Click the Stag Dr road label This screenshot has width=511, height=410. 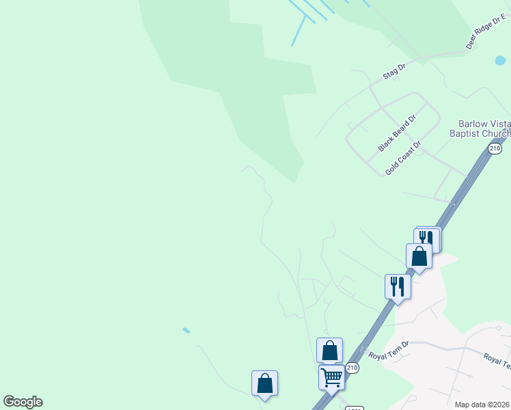point(394,70)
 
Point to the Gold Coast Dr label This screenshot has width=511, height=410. point(403,159)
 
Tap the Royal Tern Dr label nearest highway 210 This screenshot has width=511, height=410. point(388,355)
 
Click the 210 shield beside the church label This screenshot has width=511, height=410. point(495,148)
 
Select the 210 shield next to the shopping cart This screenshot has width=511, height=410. point(352,368)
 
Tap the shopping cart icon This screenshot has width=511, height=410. point(331,377)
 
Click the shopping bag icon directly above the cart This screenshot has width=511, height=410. point(329,351)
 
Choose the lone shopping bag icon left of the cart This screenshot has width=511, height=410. point(264,383)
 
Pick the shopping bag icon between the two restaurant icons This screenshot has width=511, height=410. point(419,256)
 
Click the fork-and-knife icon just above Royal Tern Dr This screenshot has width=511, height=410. point(397,286)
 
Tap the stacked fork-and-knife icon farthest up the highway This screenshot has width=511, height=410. point(428,239)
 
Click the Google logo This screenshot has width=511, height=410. point(23,402)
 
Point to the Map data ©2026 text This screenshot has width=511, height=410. point(482,405)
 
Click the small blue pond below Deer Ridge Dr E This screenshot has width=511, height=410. point(500,61)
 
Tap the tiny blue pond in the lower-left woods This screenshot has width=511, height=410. point(187,331)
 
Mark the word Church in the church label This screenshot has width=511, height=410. point(493,133)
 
